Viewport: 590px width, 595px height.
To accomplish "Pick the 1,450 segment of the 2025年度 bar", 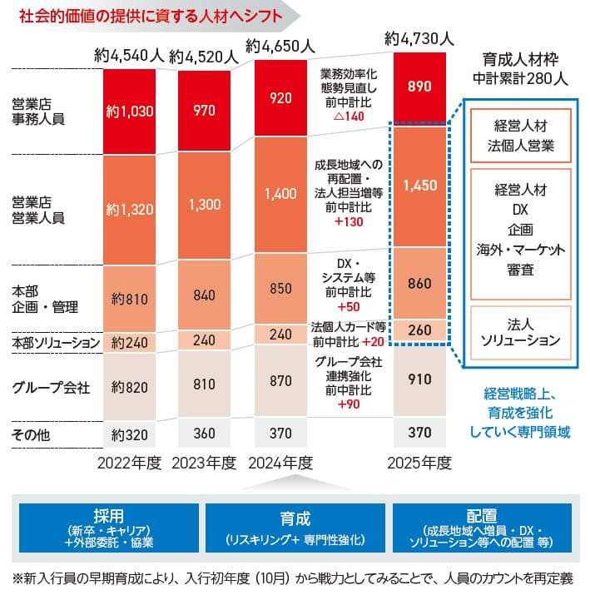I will click(x=419, y=186).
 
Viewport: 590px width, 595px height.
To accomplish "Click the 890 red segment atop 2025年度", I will click(x=419, y=86).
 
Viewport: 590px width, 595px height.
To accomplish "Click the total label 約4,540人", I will click(x=130, y=56).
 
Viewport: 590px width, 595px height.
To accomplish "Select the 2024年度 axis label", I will click(x=280, y=463).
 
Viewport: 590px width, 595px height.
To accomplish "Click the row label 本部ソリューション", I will click(x=56, y=342).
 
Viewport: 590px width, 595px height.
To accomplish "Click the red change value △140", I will click(x=348, y=117).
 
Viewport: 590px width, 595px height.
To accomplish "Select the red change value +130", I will click(x=348, y=222).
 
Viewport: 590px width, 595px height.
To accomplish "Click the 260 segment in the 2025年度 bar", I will click(x=419, y=330).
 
